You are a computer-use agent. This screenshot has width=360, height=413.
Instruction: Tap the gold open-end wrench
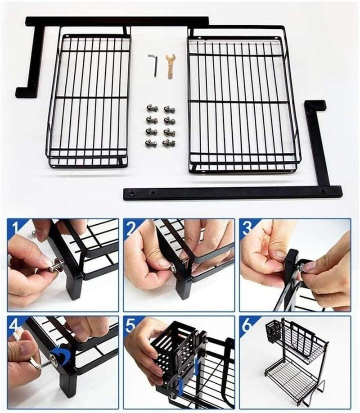[171, 66]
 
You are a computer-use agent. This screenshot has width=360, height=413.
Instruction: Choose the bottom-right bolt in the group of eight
[169, 143]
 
